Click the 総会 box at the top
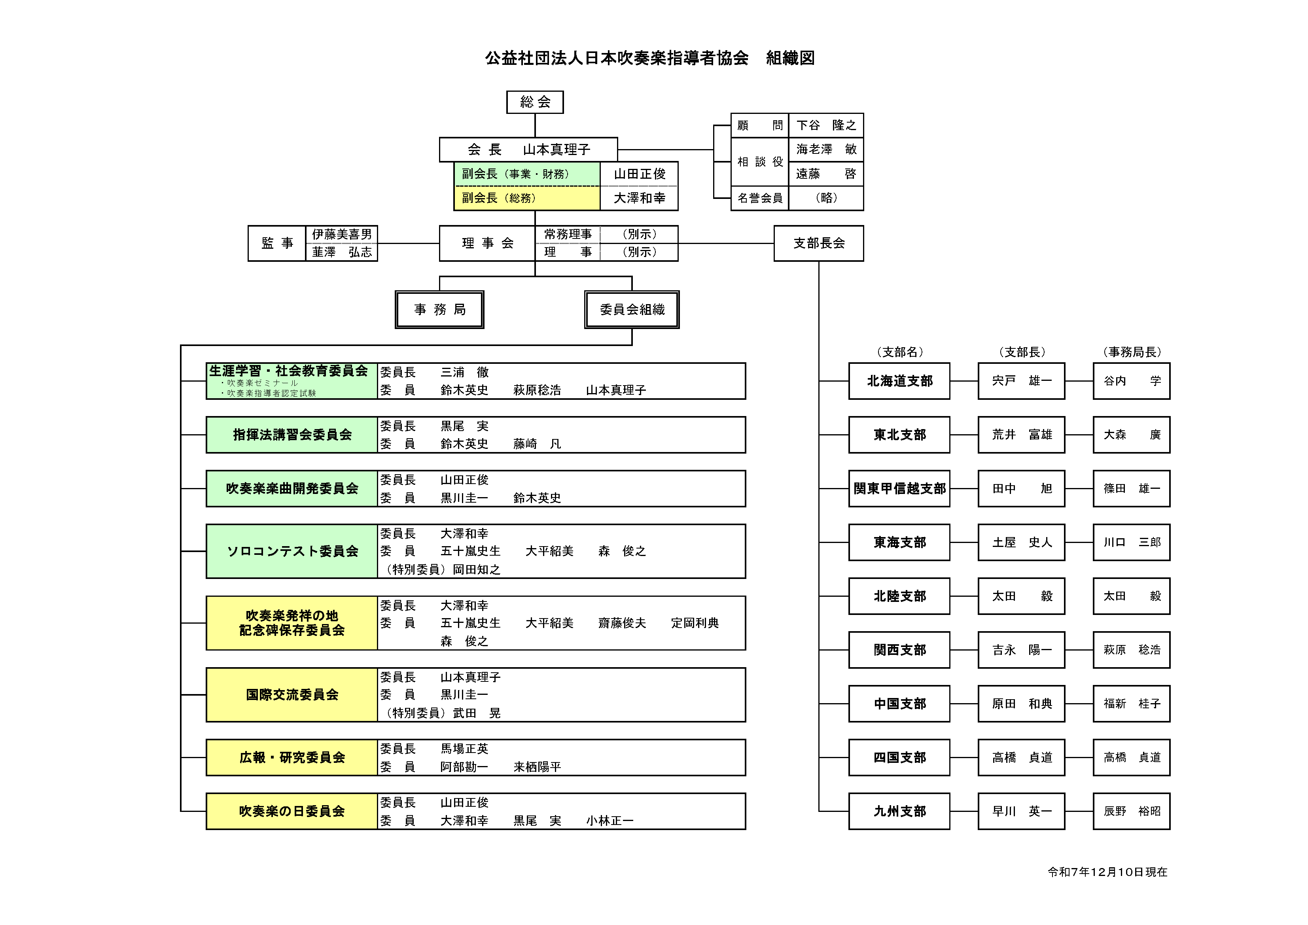534,102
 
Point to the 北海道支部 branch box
899,381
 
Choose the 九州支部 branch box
899,811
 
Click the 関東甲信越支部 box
899,489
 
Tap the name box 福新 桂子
1131,704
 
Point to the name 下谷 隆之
825,125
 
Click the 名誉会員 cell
759,198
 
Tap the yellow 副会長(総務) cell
526,198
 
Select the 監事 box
277,243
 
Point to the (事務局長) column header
1131,352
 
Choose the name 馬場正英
464,749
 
